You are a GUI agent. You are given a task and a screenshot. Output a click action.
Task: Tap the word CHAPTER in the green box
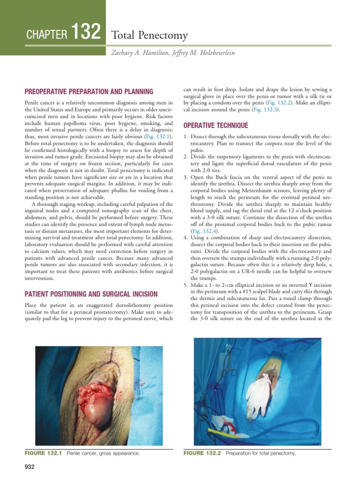(48, 35)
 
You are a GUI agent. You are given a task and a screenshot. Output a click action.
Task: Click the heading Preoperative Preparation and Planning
(89, 91)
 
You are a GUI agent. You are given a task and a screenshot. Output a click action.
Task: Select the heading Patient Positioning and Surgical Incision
(91, 294)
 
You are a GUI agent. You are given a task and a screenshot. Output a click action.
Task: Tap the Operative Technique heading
(216, 126)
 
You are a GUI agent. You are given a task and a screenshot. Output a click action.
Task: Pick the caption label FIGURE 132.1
(44, 453)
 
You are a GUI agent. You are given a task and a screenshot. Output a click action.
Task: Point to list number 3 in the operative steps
(185, 177)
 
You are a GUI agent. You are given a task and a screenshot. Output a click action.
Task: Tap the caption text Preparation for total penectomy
(261, 453)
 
